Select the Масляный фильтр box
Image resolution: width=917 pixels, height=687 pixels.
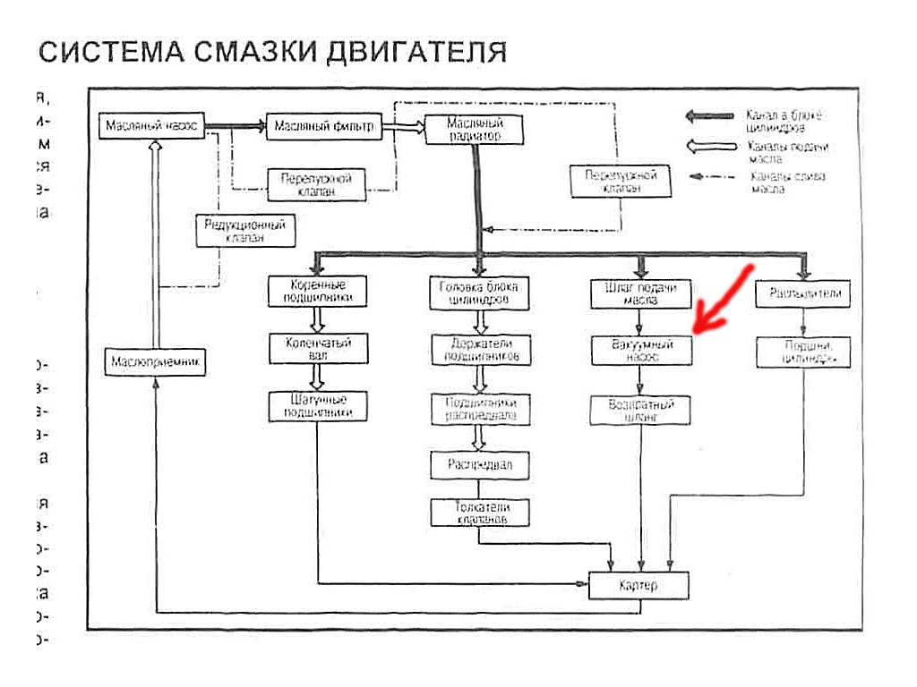323,127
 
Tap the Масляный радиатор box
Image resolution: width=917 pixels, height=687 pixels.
474,129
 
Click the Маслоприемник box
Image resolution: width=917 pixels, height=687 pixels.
153,362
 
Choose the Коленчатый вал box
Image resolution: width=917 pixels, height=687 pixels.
318,348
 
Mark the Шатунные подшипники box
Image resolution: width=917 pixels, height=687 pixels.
318,405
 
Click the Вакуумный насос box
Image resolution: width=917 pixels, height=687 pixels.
641,349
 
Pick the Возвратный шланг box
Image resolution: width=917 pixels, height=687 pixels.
641,410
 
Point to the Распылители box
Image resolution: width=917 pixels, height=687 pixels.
802,293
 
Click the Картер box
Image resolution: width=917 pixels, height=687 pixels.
638,586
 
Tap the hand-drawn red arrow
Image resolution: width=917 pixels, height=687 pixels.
724,301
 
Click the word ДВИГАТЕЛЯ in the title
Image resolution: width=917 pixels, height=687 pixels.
416,51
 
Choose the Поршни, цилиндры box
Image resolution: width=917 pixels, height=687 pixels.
802,352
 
